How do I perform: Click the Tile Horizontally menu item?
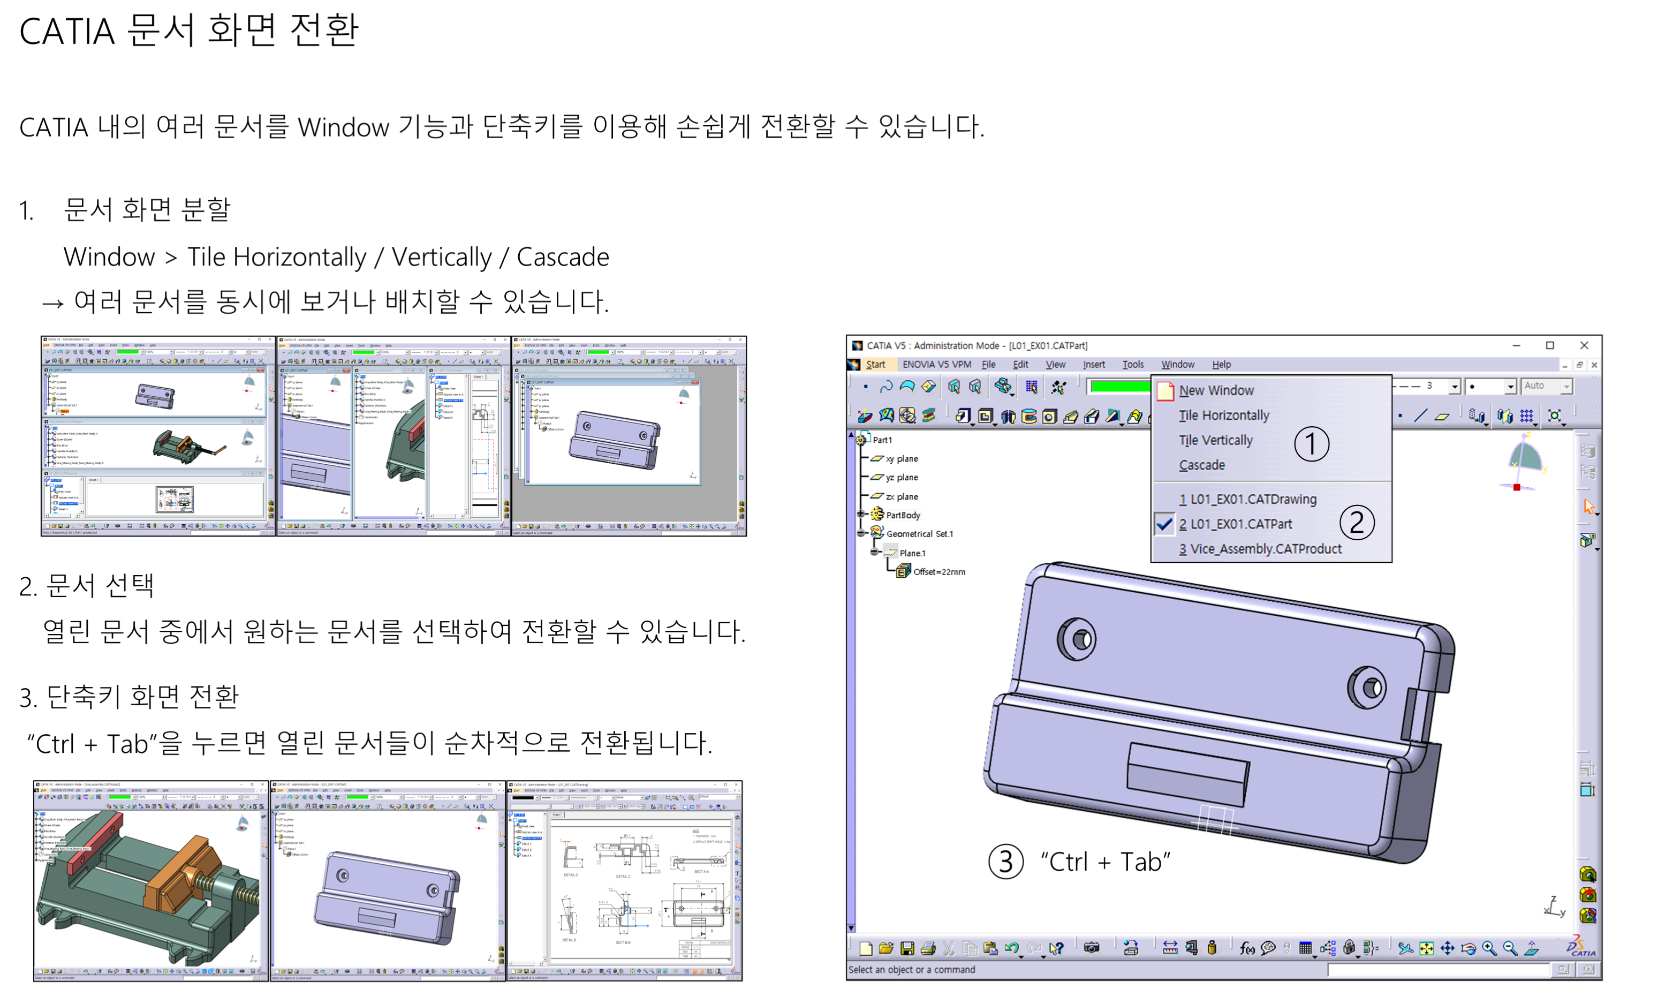click(x=1223, y=415)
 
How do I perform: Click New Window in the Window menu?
click(x=1216, y=390)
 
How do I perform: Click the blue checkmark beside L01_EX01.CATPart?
click(x=1164, y=524)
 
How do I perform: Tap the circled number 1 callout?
click(x=1311, y=444)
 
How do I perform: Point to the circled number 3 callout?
click(x=1005, y=862)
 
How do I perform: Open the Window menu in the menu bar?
click(x=1177, y=364)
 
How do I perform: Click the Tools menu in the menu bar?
click(x=1133, y=364)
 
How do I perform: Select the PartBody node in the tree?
click(x=902, y=515)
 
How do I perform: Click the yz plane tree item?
click(x=902, y=477)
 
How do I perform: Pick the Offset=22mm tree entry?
click(x=938, y=572)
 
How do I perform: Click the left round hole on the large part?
click(x=1077, y=639)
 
